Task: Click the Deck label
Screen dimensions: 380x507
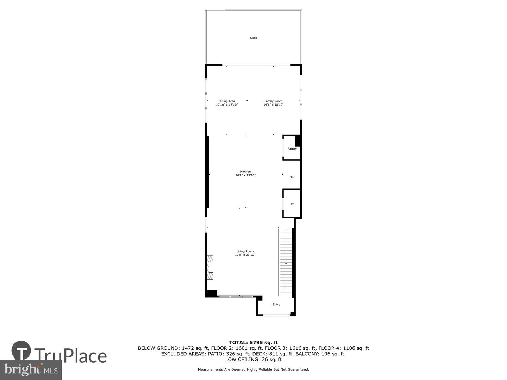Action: [254, 38]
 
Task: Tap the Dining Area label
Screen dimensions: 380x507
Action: [227, 101]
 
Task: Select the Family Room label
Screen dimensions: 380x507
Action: [273, 101]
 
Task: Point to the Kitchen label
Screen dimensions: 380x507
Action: [245, 172]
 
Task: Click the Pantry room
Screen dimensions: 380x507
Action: [292, 149]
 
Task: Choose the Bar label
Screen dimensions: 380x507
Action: [292, 177]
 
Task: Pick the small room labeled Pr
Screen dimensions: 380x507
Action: [292, 204]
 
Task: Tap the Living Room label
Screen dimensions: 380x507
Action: [245, 251]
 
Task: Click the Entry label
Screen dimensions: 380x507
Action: [276, 304]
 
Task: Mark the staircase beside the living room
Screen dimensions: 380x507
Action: [286, 262]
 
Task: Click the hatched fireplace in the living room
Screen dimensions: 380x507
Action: [210, 267]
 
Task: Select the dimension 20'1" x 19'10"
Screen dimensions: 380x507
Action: [245, 175]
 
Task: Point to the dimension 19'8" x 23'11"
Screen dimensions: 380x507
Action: [245, 255]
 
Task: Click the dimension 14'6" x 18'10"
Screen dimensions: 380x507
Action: [273, 104]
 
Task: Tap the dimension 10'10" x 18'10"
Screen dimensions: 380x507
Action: [227, 104]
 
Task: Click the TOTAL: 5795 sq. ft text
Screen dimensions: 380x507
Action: [254, 342]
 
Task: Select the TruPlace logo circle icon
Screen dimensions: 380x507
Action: [21, 350]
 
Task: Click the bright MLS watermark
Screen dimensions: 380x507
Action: [31, 369]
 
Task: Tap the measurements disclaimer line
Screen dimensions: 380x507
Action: [254, 369]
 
